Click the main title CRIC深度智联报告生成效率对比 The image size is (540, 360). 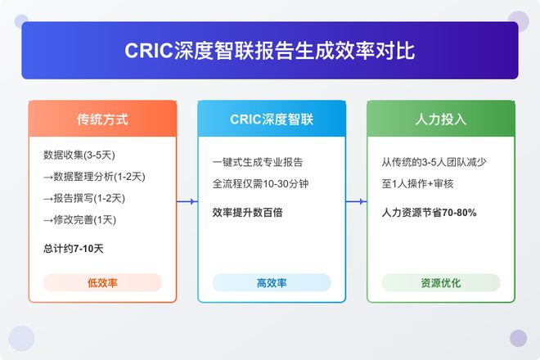[x=270, y=51]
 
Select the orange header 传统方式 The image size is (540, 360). [x=102, y=119]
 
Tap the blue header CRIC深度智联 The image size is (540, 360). [x=271, y=119]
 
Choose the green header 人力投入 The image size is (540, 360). [x=440, y=119]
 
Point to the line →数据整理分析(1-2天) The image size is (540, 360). [x=94, y=177]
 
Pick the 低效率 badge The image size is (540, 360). [x=102, y=282]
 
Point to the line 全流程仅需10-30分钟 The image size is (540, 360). [x=260, y=183]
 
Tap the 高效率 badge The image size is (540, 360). [x=271, y=282]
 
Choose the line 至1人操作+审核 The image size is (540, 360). [x=419, y=183]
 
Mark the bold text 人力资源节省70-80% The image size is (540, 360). [x=430, y=212]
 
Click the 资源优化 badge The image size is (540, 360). [x=440, y=282]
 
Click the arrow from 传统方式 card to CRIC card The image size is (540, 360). [x=187, y=200]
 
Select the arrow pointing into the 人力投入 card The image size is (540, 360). [x=356, y=200]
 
